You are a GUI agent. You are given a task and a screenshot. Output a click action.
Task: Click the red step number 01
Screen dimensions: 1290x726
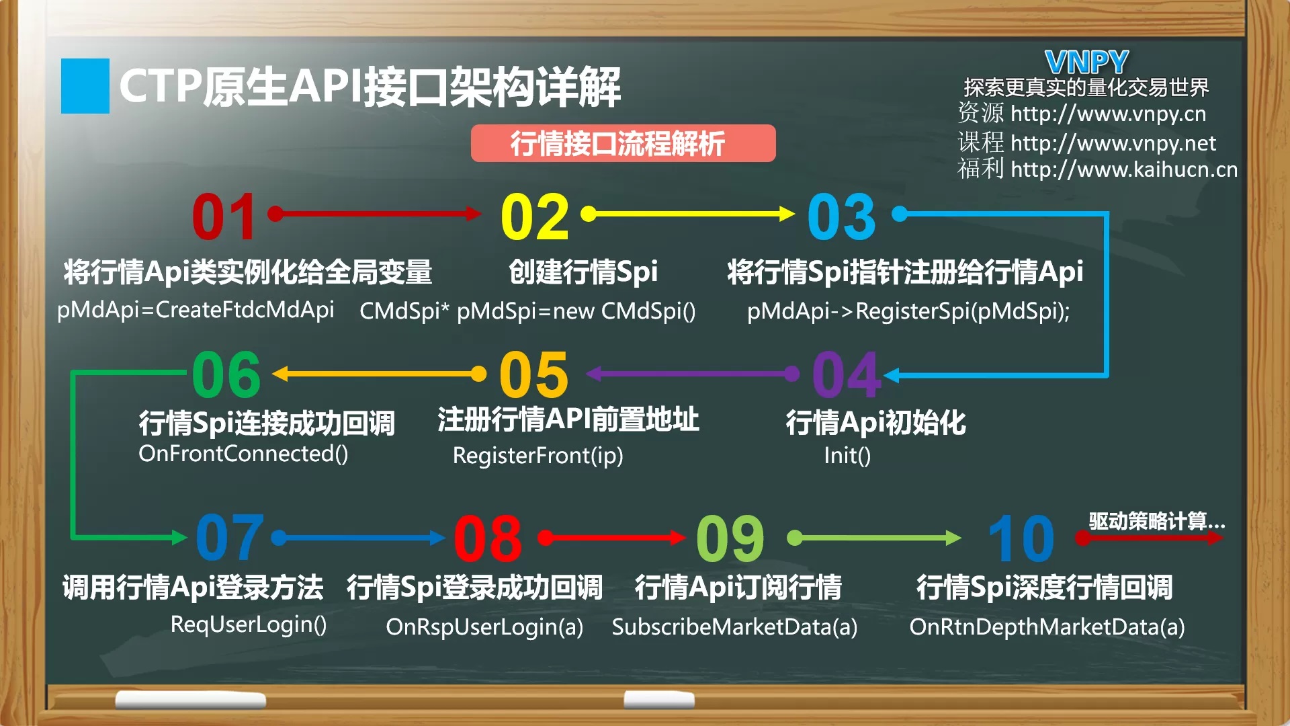(x=224, y=216)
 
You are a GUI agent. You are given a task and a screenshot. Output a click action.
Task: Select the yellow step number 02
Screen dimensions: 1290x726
(x=535, y=216)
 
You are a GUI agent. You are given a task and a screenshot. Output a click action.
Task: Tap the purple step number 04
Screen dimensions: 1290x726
(x=847, y=375)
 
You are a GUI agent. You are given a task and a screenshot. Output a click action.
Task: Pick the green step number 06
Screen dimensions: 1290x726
(x=226, y=375)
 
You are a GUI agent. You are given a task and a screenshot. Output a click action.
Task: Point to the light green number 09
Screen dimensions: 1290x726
(x=730, y=538)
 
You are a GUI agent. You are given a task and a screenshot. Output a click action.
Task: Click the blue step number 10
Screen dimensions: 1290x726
(x=1021, y=538)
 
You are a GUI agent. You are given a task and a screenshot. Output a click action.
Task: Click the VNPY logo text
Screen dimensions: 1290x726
(x=1086, y=63)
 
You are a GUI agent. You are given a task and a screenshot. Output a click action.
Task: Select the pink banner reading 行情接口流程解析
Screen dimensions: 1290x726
(x=623, y=143)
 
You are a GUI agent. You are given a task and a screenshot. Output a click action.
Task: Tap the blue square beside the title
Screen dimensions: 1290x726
(x=85, y=86)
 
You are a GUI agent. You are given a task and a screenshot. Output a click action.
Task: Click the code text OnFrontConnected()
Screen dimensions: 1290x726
(x=243, y=454)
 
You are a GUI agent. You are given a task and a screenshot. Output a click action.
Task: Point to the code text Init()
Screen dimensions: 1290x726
(x=847, y=456)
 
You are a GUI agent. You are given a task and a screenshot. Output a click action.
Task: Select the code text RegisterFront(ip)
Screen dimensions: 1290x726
(x=538, y=456)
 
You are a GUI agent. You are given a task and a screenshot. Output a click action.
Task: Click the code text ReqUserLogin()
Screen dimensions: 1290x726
(x=249, y=624)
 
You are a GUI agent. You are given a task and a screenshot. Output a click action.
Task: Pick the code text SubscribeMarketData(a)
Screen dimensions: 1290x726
(x=734, y=627)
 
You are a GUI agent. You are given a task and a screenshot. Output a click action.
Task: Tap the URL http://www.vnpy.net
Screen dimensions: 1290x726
(x=1113, y=143)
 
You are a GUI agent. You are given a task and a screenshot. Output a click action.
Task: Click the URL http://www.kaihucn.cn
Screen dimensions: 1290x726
(x=1124, y=169)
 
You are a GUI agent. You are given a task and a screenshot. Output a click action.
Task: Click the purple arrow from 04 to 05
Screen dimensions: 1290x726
(x=693, y=374)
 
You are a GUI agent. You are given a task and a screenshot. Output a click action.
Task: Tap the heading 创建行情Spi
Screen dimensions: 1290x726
(x=583, y=272)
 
